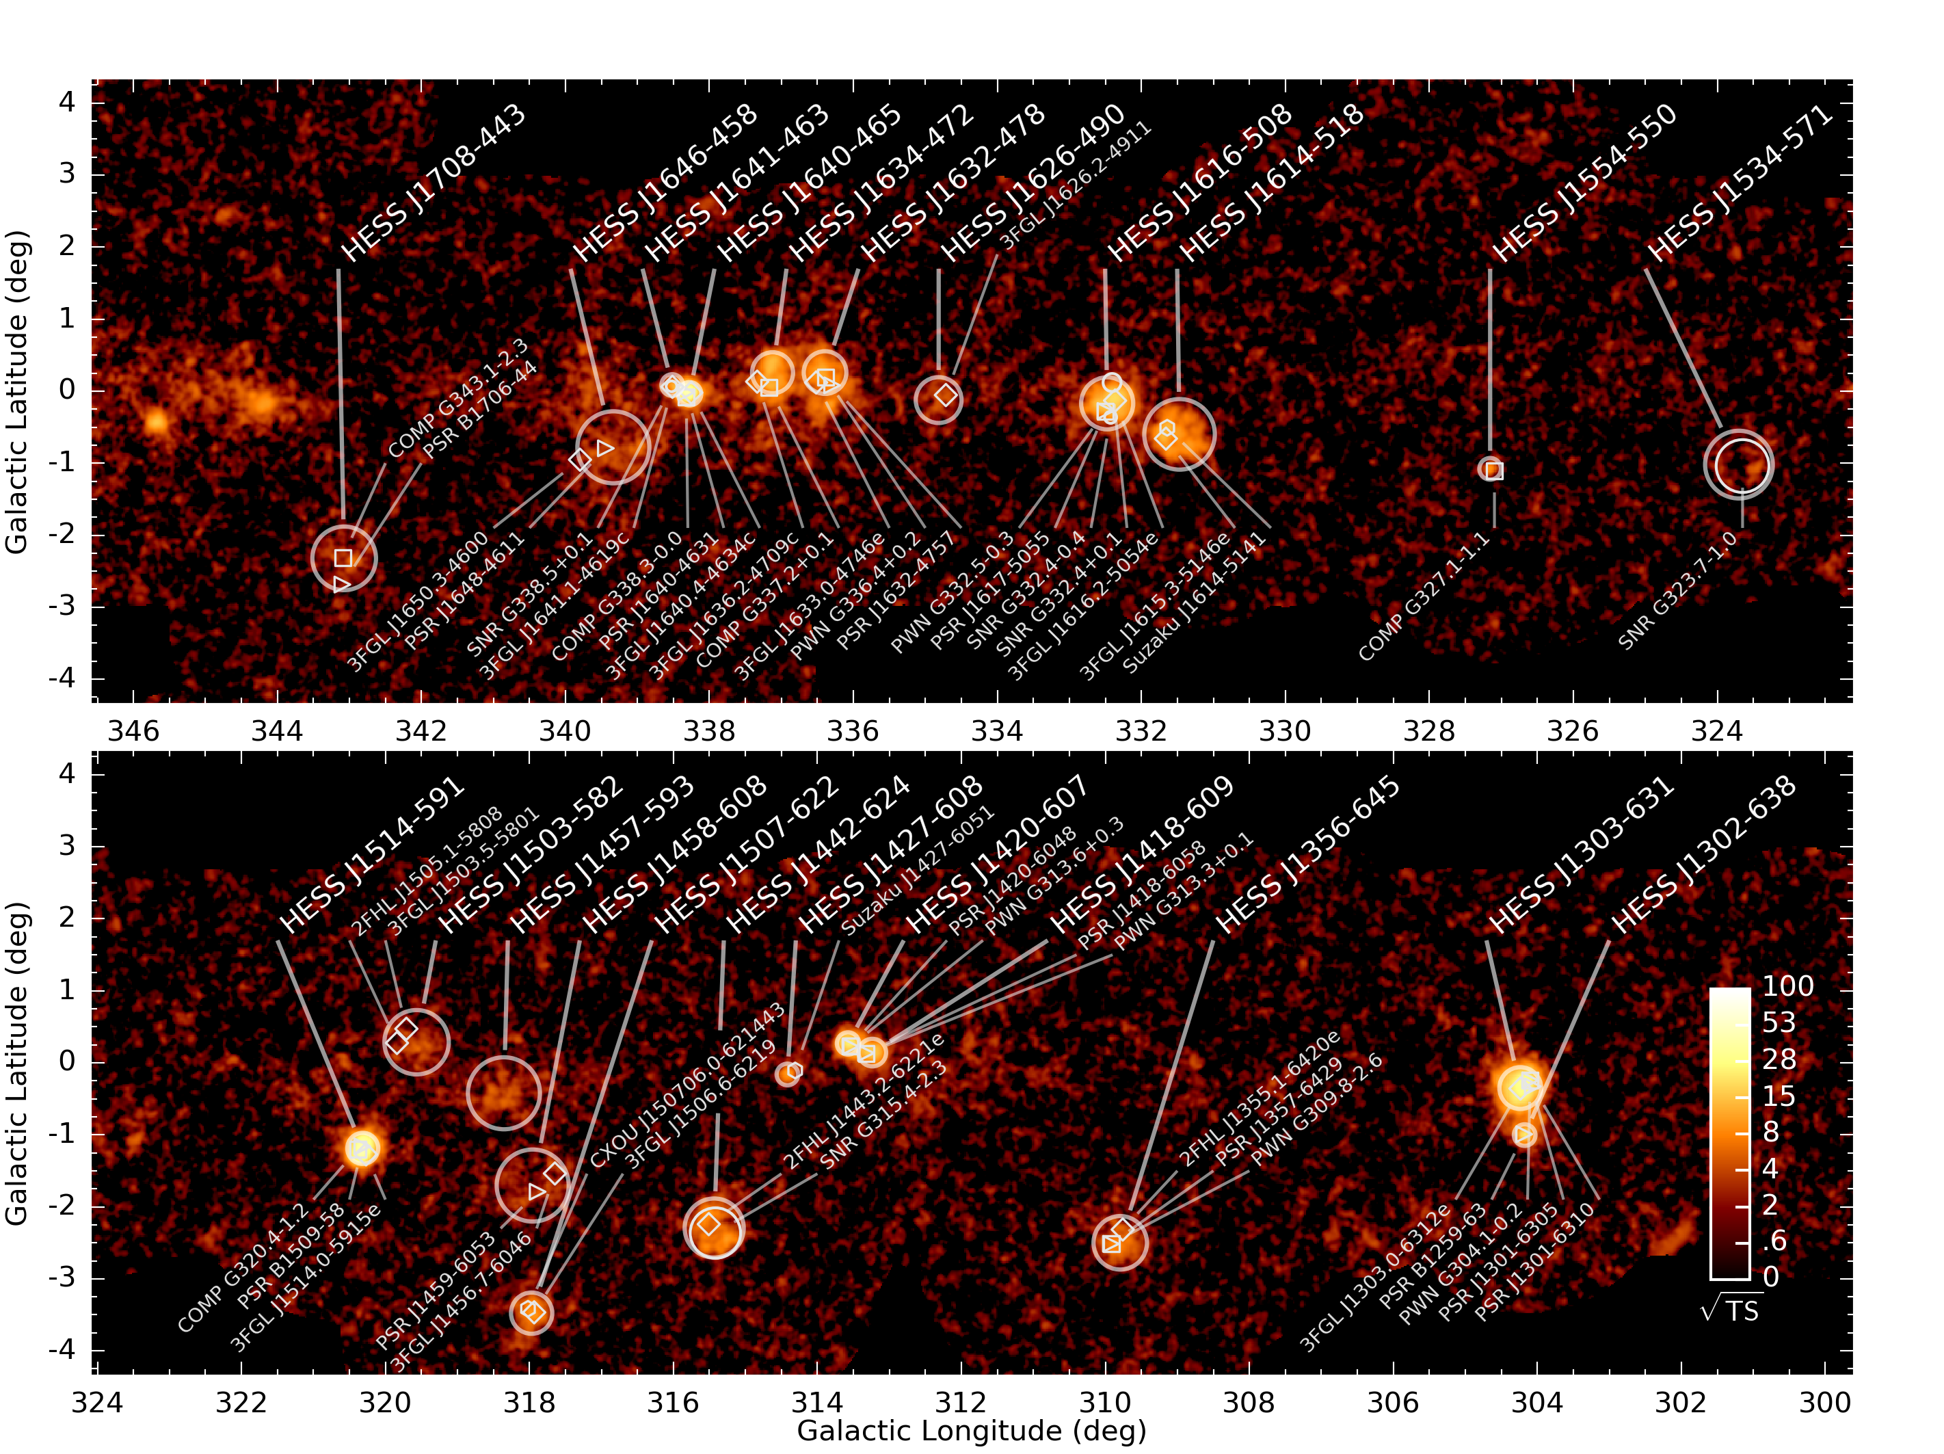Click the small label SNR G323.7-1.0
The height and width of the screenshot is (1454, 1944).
(x=1677, y=591)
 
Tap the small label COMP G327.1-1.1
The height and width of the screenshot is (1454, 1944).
(x=1424, y=597)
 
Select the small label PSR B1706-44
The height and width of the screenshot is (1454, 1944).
(x=480, y=410)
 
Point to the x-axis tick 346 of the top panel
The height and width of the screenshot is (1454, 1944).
(x=133, y=731)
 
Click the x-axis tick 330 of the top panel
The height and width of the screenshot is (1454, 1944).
(x=1285, y=731)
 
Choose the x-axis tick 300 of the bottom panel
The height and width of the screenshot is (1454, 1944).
(x=1824, y=1402)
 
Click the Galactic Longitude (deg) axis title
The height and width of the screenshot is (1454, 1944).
(x=971, y=1431)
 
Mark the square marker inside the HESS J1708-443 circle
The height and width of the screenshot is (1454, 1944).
(x=343, y=558)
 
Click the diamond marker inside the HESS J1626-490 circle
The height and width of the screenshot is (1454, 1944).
(x=945, y=395)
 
